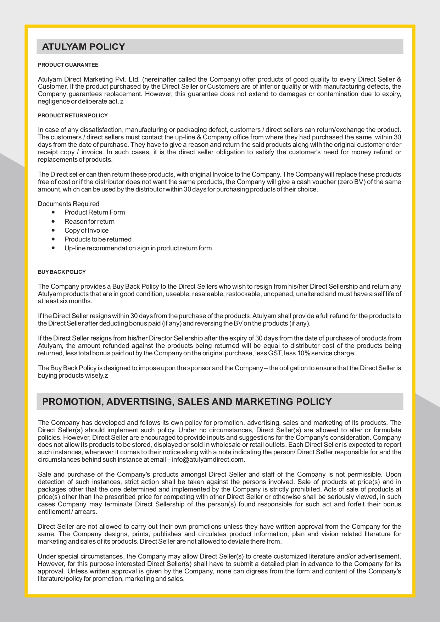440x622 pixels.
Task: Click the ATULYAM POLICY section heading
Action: [84, 47]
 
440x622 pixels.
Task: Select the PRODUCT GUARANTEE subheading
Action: [68, 65]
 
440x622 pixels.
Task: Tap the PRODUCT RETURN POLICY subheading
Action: [73, 116]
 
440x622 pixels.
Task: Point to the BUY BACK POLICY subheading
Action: [62, 272]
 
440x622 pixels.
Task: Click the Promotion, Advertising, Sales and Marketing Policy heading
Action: [187, 402]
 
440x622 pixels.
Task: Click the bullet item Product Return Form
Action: [95, 212]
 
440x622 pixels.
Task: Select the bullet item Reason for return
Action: [89, 222]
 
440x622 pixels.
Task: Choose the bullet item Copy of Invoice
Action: [87, 231]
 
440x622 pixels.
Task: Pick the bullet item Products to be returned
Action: [98, 239]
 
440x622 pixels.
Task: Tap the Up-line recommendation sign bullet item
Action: [138, 248]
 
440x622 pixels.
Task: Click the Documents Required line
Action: [68, 204]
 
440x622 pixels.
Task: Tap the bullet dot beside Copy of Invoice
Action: [53, 231]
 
